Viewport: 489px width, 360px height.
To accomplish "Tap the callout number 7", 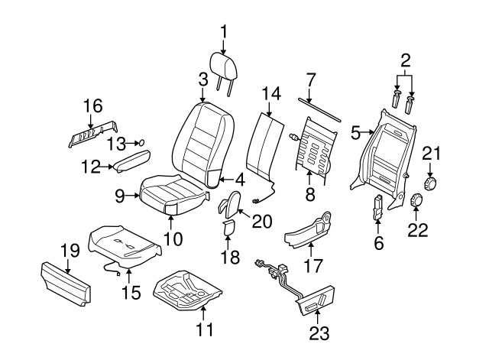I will tap(311, 79).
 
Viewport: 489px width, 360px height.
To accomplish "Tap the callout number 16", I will tap(92, 105).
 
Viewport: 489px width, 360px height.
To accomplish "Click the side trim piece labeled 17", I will tap(310, 230).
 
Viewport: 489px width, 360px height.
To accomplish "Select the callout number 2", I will tap(406, 60).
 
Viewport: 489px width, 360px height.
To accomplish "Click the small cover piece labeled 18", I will tap(228, 228).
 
